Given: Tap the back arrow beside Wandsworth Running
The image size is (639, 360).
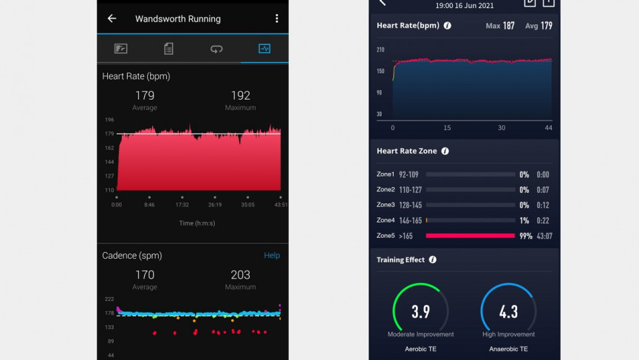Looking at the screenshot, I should tap(112, 18).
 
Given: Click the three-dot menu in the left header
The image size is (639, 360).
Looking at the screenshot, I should tap(277, 18).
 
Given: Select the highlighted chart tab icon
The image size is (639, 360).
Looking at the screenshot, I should tap(264, 49).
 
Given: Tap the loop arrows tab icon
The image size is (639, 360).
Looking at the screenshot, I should tap(216, 49).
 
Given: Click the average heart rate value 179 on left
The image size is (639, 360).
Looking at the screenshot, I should tap(145, 95).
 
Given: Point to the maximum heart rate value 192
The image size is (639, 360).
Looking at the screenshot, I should tap(240, 95).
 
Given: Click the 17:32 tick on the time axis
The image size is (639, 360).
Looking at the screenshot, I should tap(182, 204).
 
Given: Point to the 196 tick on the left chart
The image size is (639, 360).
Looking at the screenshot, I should tap(109, 120).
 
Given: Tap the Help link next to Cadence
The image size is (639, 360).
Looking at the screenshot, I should tap(272, 255).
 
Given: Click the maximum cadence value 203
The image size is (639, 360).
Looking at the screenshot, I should tap(240, 275).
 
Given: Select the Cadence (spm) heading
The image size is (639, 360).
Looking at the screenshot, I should tap(132, 255).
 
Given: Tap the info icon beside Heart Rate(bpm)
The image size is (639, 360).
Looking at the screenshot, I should tap(447, 25).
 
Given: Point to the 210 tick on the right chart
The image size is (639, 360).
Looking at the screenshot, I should tap(380, 50).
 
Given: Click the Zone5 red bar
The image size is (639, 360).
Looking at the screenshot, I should tap(470, 236).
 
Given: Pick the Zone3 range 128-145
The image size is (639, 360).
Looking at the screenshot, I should tap(410, 205).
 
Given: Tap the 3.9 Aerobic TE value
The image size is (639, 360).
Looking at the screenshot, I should tap(420, 312).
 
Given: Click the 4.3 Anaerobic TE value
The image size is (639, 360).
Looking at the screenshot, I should tap(508, 312).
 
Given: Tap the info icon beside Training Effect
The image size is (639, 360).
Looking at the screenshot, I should tap(432, 259).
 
